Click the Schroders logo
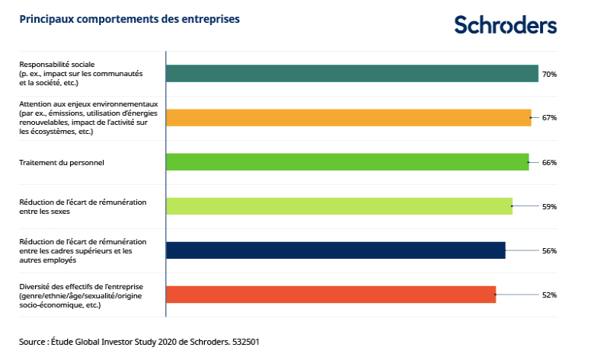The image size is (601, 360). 506,24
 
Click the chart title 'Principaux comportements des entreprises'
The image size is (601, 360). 129,19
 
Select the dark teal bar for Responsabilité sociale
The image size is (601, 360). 352,74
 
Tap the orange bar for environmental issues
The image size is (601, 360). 348,118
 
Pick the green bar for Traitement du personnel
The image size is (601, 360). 347,162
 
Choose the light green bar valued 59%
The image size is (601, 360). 339,206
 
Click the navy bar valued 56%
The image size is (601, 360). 335,250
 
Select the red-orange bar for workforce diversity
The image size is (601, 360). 331,295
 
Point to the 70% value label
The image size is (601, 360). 549,75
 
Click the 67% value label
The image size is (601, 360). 549,118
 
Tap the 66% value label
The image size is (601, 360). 549,162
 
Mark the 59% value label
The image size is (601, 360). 549,206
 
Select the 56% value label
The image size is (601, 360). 549,250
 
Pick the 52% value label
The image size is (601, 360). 549,295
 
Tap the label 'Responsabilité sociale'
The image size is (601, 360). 56,65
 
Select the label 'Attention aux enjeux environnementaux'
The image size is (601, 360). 88,104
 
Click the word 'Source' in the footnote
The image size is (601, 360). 34,342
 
